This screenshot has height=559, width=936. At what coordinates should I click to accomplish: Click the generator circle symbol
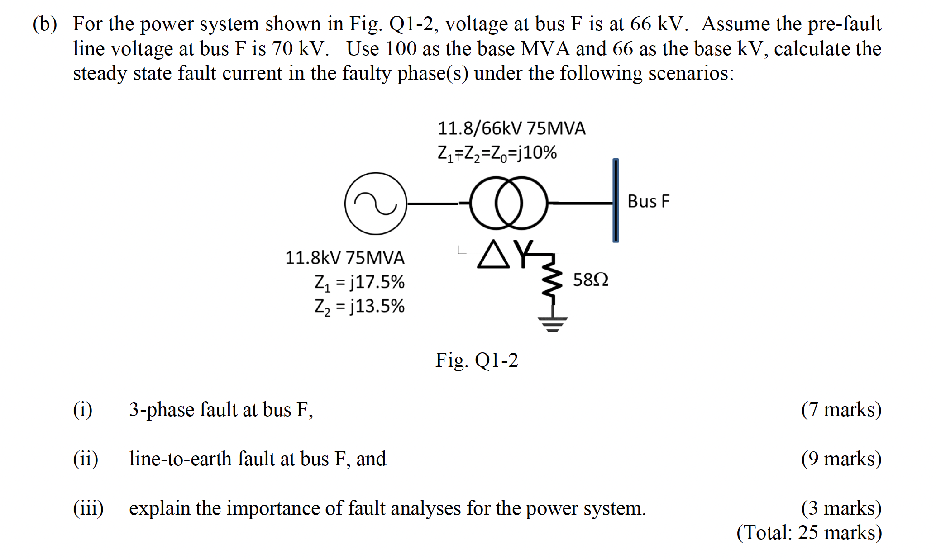376,204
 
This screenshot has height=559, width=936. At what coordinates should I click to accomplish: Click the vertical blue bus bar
616,200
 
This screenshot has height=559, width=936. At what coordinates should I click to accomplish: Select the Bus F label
648,201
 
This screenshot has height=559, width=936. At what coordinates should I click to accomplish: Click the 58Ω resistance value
590,280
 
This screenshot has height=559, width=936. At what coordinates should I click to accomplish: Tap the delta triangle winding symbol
493,255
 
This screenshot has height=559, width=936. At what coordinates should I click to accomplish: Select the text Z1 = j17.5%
359,282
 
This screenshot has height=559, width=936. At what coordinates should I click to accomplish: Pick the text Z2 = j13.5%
359,307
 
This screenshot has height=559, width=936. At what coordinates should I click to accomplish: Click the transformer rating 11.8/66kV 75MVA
511,128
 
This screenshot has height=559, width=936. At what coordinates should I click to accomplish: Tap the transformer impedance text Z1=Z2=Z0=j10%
497,153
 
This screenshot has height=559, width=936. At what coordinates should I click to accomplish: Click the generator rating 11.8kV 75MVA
345,258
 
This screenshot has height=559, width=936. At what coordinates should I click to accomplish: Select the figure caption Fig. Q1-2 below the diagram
477,360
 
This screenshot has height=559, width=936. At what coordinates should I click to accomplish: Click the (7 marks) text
841,409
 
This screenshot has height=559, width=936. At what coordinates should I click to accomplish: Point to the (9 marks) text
841,459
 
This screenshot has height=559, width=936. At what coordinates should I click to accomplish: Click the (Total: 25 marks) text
809,532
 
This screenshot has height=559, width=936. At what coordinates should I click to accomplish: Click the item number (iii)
88,508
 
